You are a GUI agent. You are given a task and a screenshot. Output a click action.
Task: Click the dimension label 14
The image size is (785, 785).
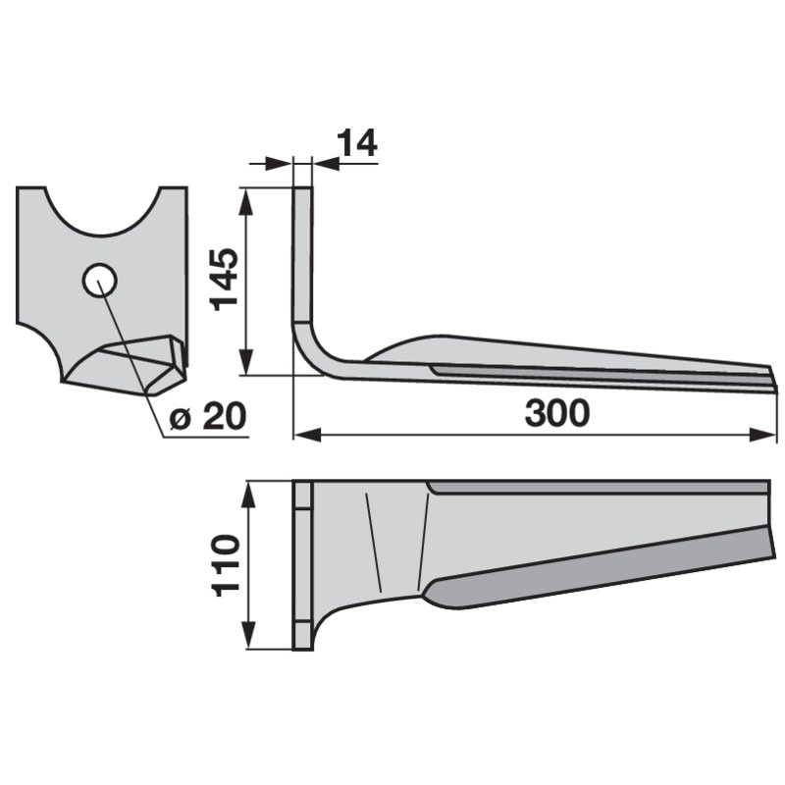[x=357, y=142]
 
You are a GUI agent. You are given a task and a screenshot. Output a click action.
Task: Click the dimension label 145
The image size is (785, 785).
[x=224, y=280]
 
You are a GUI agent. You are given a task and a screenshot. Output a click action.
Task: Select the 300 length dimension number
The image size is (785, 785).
[x=557, y=413]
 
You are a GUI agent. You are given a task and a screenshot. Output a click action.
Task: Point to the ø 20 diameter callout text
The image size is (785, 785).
[x=208, y=416]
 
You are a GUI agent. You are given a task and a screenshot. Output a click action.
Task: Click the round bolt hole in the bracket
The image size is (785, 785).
[x=100, y=281]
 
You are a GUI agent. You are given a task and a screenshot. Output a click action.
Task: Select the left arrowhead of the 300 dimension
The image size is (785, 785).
[x=307, y=435]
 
